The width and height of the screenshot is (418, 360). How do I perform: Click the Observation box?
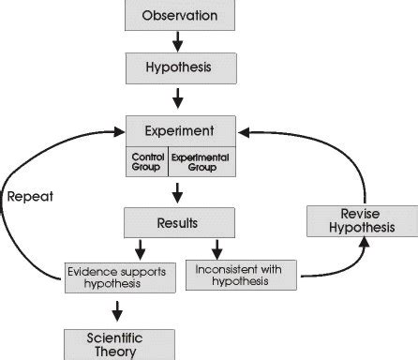[178, 16]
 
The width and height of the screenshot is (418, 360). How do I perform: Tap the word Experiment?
[180, 130]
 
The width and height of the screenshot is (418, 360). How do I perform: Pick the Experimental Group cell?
[201, 163]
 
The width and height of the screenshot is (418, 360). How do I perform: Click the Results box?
[178, 222]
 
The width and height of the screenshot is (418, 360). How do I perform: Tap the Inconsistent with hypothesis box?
[241, 274]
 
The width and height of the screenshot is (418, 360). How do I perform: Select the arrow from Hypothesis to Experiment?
[178, 97]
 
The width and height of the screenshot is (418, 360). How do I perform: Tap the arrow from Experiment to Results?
[178, 194]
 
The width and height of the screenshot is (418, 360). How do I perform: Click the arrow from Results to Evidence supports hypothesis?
[140, 248]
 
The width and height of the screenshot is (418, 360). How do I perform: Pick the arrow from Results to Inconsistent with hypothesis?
[218, 248]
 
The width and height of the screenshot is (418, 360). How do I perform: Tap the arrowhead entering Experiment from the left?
[116, 132]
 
